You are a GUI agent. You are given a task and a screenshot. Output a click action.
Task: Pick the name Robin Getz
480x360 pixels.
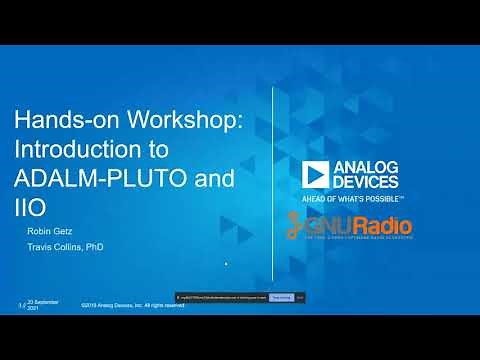pyautogui.click(x=49, y=231)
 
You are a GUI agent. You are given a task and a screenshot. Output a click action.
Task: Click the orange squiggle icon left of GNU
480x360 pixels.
pyautogui.click(x=297, y=226)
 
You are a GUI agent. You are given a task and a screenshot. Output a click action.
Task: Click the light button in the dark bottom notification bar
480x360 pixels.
pyautogui.click(x=282, y=297)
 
